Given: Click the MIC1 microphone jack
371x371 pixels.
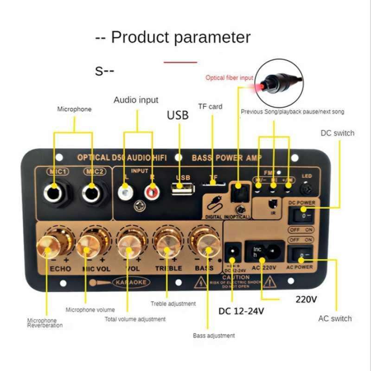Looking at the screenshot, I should point(55,192).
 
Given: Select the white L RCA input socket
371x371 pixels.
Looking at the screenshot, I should point(124,191).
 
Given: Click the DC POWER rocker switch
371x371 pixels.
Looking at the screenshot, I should point(301,216).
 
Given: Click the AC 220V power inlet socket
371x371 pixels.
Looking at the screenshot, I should point(264,253).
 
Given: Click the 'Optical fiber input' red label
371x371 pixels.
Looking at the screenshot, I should point(229,78).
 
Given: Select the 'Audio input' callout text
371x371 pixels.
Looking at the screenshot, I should point(136,100).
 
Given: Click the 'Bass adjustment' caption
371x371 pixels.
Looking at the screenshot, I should point(214,335).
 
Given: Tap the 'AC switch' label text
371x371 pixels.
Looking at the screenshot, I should point(335,318).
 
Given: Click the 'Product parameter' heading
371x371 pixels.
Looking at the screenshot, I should point(173,37).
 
